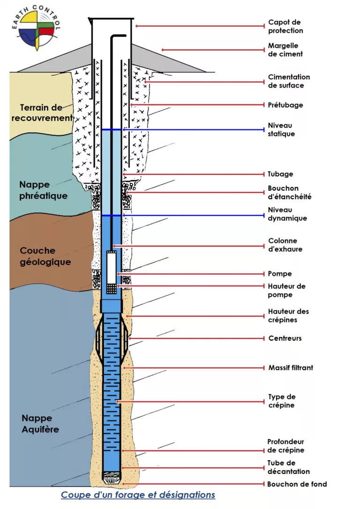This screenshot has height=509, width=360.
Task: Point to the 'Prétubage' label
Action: click(285, 105)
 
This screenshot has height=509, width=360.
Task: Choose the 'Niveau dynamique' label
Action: click(287, 214)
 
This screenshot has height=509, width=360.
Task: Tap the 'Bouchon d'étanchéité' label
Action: click(289, 193)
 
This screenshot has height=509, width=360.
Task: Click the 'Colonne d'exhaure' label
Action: click(285, 245)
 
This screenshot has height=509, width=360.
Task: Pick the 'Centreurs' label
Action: click(285, 338)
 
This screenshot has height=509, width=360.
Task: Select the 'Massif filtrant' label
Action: click(291, 367)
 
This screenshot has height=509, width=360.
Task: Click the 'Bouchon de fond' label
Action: click(297, 484)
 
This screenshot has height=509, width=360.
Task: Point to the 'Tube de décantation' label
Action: click(289, 467)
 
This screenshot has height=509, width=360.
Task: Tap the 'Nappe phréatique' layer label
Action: click(44, 190)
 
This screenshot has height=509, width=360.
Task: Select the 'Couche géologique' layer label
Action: click(45, 256)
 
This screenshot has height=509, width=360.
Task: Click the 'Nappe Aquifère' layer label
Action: click(40, 423)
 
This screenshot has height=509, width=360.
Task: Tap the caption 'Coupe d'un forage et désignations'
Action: click(138, 495)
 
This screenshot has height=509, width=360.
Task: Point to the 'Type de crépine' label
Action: click(282, 401)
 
